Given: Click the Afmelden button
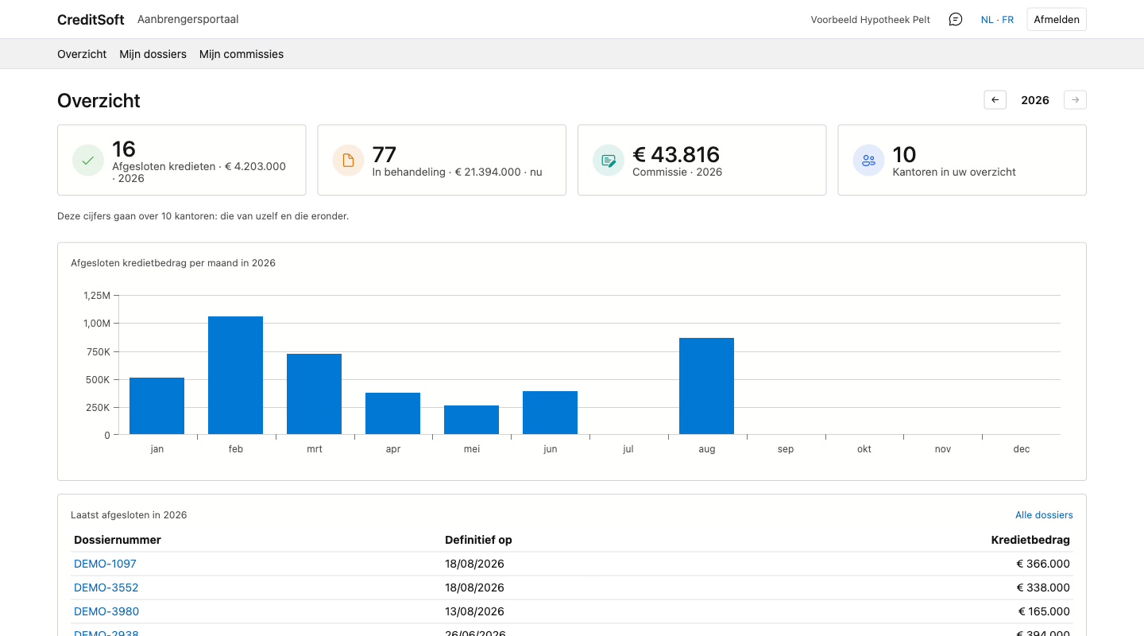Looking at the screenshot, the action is point(1056,19).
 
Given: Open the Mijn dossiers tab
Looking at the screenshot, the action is point(153,54).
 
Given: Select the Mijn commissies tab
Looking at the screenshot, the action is point(241,54).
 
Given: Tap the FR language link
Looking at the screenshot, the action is point(1007,19).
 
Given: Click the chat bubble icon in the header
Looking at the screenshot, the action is point(955,19).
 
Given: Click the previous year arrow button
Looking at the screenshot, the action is point(995,99).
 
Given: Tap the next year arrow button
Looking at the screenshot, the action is point(1075,99).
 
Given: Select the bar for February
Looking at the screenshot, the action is point(235,375).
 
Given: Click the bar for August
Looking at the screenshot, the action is point(706,386).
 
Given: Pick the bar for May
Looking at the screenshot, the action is point(471,420).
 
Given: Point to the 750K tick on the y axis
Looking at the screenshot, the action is point(98,351).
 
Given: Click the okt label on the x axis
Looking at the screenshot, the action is point(864,449).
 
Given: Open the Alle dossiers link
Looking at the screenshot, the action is point(1044,515).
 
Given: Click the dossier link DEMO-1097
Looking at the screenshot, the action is point(105,564).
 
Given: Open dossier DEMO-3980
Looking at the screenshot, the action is point(106,611).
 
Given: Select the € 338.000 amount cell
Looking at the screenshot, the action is point(1043,588).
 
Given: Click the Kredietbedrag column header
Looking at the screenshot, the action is point(1030,540).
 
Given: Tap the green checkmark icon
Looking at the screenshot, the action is point(88,161).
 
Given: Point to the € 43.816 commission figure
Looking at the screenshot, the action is point(675,154).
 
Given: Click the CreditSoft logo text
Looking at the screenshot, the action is point(91,19).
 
